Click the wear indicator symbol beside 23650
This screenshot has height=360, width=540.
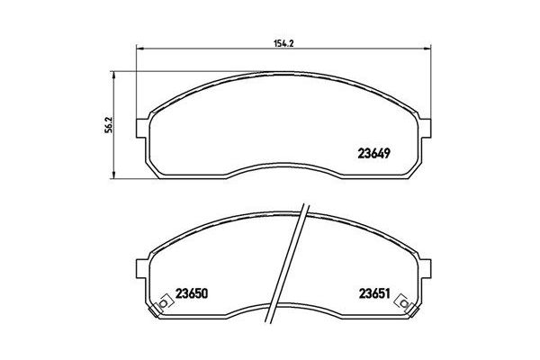click(163, 304)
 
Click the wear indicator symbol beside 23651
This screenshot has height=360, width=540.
click(414, 304)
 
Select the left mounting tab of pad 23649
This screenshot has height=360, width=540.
click(141, 125)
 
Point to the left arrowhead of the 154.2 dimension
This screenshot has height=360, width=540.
click(139, 48)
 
